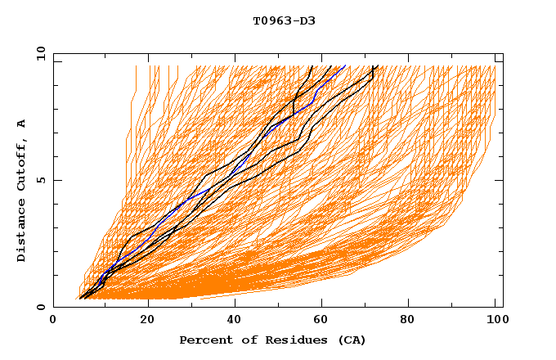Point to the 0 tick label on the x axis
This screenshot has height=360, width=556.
point(54,321)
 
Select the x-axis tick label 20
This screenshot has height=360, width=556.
point(147,321)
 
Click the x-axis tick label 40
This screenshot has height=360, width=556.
point(235,321)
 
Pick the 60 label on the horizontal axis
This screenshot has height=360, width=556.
point(324,321)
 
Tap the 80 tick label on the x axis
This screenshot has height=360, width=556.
point(412,321)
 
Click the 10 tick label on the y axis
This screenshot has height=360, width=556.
point(39,54)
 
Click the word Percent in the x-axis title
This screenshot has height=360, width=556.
point(204,340)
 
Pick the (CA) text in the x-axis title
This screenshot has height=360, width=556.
point(350,340)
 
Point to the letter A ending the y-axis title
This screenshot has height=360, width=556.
point(22,124)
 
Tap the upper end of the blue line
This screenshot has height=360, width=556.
point(345,65)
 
